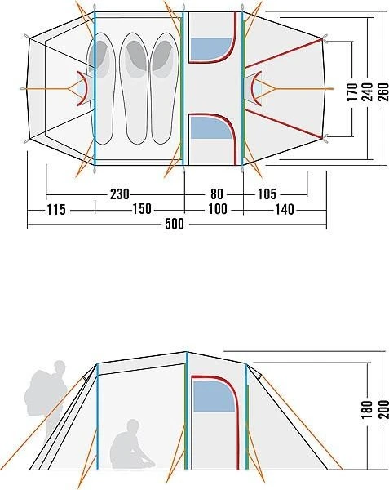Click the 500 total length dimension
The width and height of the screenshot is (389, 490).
point(175,224)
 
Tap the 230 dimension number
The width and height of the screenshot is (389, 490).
point(120,194)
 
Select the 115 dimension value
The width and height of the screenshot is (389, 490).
point(56,209)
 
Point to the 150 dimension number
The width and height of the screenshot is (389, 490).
point(142,209)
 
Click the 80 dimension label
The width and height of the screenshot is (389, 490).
point(217,194)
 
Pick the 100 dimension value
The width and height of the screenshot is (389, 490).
point(218,209)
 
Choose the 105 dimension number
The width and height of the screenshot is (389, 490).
point(267,194)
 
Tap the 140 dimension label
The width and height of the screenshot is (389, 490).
point(285,209)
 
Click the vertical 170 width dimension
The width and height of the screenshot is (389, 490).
point(352,91)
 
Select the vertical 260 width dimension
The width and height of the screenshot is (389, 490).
point(383,91)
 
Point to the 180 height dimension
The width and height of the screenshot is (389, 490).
point(368,409)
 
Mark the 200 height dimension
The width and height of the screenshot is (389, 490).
point(383,409)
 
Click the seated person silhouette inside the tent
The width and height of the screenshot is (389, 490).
point(131,444)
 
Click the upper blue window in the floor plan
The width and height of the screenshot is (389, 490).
point(211,49)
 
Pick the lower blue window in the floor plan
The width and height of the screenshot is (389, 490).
point(211,127)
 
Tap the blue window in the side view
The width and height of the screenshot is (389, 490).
point(214,396)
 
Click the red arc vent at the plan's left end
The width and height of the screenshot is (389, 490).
point(82,88)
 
